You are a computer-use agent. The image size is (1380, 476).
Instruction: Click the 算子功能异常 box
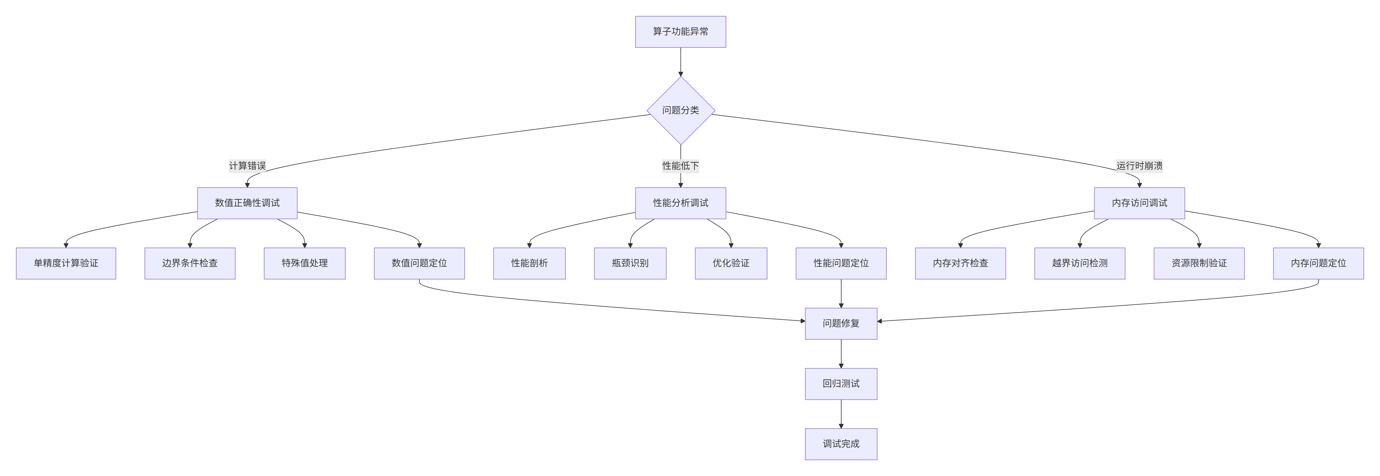click(680, 32)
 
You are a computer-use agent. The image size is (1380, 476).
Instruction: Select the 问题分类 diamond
click(680, 110)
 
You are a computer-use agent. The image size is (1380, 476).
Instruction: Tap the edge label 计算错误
click(247, 165)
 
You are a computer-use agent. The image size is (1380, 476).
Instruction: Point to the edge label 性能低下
click(680, 165)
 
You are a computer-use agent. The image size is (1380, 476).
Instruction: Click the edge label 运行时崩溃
click(1139, 165)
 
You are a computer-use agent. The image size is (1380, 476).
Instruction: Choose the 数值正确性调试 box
click(247, 203)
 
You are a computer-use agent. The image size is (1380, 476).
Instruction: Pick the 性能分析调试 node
click(680, 203)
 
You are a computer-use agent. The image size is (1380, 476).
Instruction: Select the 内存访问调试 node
click(1139, 203)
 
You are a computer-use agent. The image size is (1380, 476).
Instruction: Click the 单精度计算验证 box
click(66, 263)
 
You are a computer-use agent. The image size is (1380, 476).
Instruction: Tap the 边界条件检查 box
click(190, 263)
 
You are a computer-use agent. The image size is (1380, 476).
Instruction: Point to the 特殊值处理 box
click(304, 263)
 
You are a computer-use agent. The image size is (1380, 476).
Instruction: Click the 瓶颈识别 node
click(630, 263)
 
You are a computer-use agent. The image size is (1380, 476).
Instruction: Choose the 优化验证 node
click(731, 263)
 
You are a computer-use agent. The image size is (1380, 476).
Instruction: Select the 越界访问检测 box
click(1079, 263)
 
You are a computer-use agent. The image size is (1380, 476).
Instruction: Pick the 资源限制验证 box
click(1199, 263)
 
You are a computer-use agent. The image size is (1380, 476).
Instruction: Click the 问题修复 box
click(841, 323)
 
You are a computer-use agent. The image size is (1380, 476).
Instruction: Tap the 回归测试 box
click(841, 383)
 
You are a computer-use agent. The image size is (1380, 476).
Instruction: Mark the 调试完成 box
click(841, 444)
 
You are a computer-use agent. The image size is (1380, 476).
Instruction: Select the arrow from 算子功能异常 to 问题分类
click(680, 62)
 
